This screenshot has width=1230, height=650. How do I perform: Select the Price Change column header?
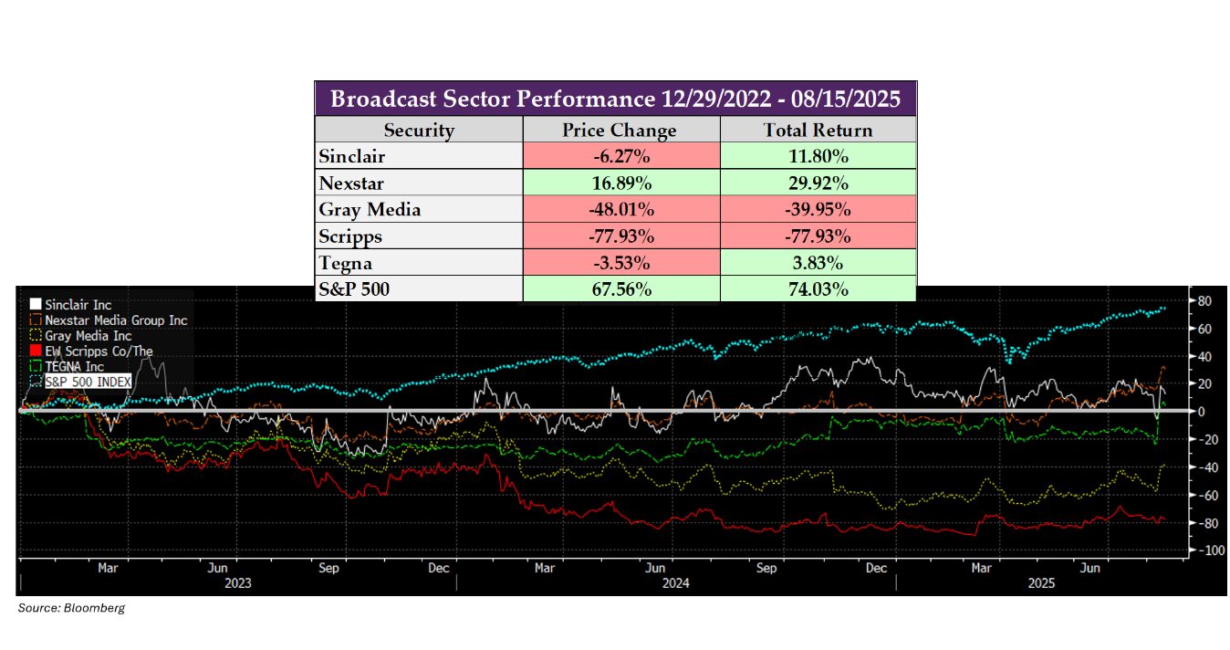[x=620, y=130]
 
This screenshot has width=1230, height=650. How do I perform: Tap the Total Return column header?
[x=818, y=130]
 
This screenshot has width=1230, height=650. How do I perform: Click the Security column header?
[x=419, y=130]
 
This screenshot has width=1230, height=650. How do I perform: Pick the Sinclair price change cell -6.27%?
[x=620, y=156]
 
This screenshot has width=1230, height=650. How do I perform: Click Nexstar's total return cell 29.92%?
[x=818, y=183]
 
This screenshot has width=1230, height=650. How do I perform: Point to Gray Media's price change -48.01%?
[x=620, y=209]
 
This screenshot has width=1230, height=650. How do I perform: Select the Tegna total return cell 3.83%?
[x=818, y=262]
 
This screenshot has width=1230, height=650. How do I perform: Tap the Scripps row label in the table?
[x=350, y=236]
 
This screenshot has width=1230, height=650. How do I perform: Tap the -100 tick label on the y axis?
[x=1202, y=551]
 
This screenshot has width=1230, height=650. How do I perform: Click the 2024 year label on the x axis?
[x=676, y=583]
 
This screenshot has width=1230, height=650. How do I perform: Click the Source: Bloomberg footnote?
[x=71, y=608]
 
